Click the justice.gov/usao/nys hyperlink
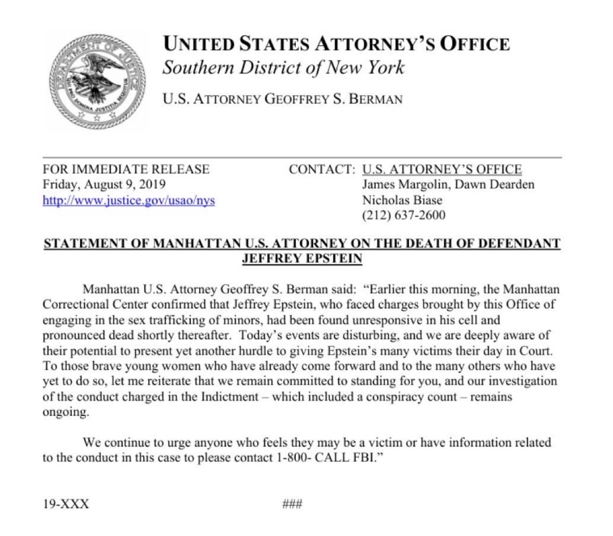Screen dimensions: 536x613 128,200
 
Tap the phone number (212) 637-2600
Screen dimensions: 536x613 403,215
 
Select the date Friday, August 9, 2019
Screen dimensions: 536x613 104,185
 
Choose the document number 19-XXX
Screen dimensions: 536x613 66,504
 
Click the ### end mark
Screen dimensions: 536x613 292,504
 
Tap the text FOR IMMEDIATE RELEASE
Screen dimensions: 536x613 126,169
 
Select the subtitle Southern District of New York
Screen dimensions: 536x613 283,68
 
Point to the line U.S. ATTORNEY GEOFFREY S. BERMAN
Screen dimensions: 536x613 283,99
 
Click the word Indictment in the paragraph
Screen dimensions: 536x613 229,396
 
